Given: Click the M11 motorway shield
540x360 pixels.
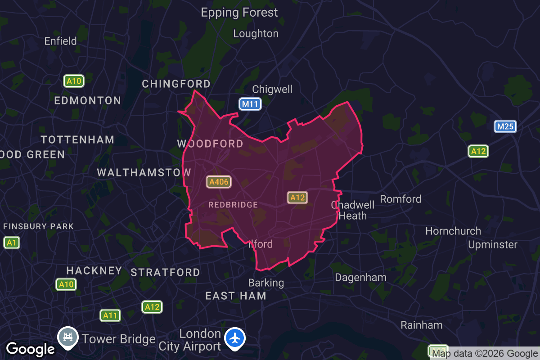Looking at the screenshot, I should click(x=250, y=104).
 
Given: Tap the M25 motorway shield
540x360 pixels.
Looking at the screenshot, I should click(x=505, y=126).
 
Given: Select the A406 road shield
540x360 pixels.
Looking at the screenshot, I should click(x=219, y=182).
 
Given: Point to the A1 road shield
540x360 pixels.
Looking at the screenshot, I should click(x=12, y=243).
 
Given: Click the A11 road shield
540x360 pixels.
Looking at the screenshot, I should click(x=110, y=315).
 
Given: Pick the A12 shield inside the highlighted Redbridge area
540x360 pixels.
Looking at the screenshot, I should click(x=297, y=198).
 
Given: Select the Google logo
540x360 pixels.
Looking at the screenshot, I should click(x=30, y=349).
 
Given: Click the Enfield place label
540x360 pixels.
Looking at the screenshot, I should click(x=60, y=41).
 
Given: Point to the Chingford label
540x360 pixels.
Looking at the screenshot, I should click(x=176, y=84).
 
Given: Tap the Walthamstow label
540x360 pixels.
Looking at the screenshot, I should click(x=144, y=172).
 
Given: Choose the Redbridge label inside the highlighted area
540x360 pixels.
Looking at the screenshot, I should click(x=233, y=205).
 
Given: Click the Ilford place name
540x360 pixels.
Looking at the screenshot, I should click(x=261, y=244).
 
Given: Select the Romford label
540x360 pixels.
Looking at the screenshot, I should click(x=400, y=199).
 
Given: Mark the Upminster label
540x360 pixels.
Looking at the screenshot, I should click(x=493, y=245).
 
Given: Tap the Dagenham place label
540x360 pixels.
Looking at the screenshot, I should click(x=360, y=277).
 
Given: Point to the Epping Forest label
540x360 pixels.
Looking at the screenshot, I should click(x=239, y=13).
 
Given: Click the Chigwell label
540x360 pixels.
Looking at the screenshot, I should click(x=272, y=89).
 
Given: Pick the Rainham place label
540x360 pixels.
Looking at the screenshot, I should click(x=422, y=325).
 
